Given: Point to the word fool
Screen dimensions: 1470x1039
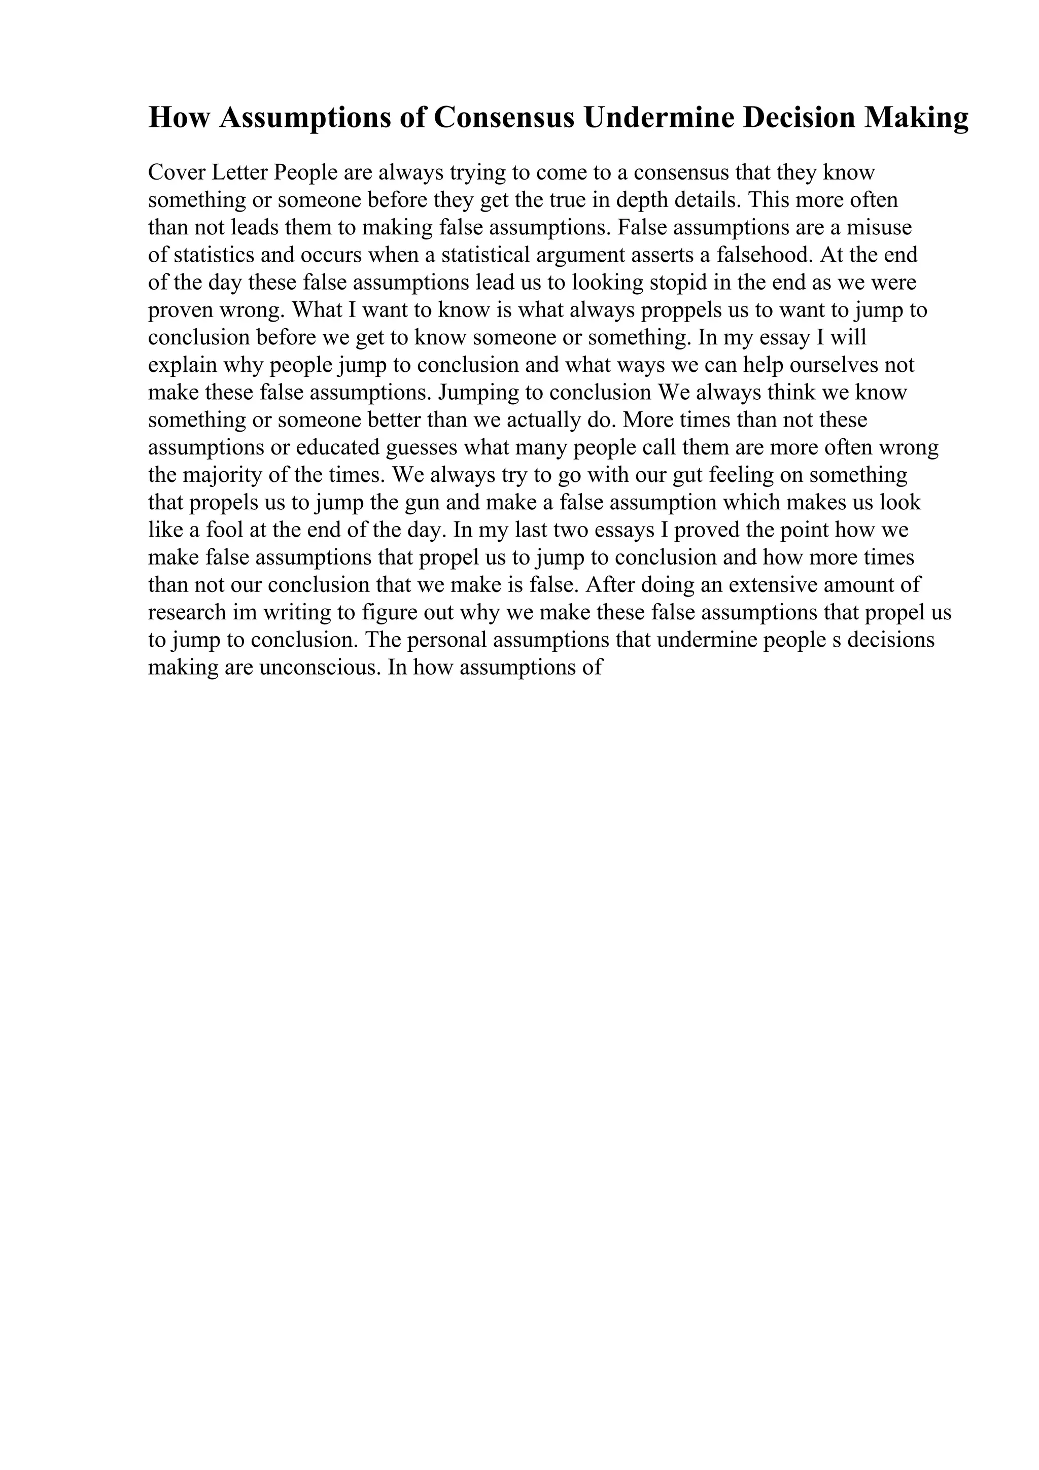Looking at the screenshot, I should click(225, 530).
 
